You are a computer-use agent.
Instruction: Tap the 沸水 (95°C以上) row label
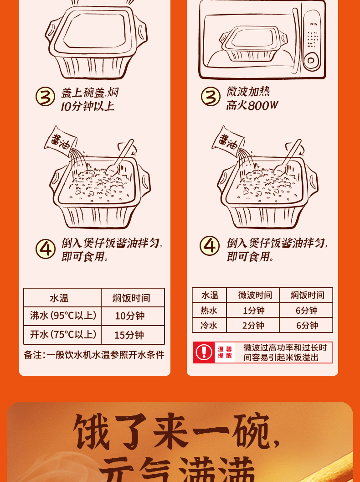coord(63,316)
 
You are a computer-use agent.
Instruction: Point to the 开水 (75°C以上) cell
coord(63,335)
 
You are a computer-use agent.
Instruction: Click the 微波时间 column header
coord(253,295)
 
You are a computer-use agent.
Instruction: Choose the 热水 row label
coord(209,311)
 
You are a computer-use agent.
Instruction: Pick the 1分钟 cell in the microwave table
coord(253,311)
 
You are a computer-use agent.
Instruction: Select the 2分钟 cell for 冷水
coord(253,326)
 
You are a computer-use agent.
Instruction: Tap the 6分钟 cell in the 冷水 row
coord(306,326)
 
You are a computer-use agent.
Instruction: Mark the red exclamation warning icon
coord(204,352)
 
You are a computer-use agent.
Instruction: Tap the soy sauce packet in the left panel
coord(58,139)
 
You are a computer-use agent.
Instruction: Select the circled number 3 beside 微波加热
coord(211,97)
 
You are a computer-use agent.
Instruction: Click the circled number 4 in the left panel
coord(46,249)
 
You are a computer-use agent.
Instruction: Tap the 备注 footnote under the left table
coord(94,355)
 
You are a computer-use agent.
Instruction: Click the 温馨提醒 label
coord(225,352)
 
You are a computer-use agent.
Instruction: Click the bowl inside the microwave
coord(247,43)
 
